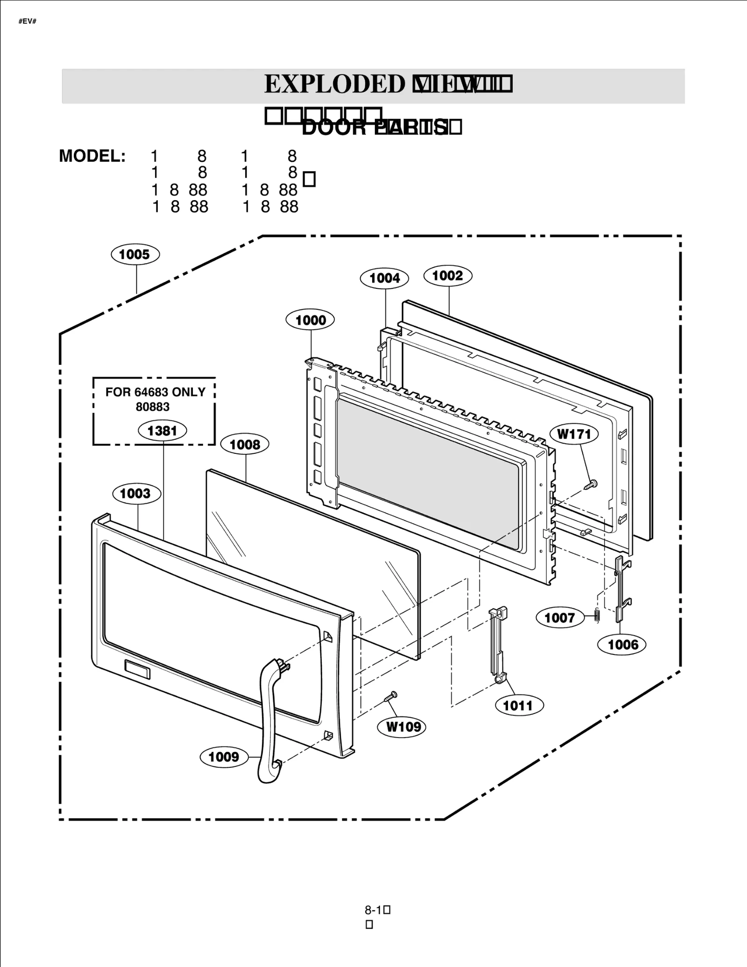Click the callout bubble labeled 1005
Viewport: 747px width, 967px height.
(135, 255)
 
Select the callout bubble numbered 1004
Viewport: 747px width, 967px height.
(384, 278)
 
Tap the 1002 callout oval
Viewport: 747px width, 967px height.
(448, 276)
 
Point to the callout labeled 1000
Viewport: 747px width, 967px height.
(310, 320)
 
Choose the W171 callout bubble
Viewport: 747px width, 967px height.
(574, 434)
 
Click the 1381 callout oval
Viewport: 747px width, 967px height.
(162, 431)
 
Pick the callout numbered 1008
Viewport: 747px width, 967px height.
(245, 445)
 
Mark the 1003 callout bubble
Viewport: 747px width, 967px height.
(136, 494)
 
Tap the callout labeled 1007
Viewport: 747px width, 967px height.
(559, 618)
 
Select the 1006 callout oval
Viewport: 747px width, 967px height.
(622, 645)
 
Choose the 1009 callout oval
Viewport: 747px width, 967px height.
(224, 757)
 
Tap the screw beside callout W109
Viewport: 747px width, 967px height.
(390, 697)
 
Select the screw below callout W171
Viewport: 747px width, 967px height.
(591, 485)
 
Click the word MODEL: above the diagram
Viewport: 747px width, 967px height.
(92, 156)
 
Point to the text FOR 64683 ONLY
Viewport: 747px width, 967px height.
(155, 392)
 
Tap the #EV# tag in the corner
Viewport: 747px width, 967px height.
(28, 22)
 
